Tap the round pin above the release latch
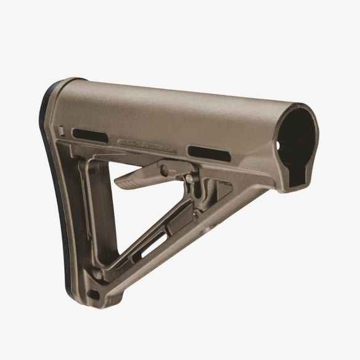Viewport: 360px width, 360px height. coord(187,178)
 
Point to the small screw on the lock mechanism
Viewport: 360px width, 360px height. coord(195,213)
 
